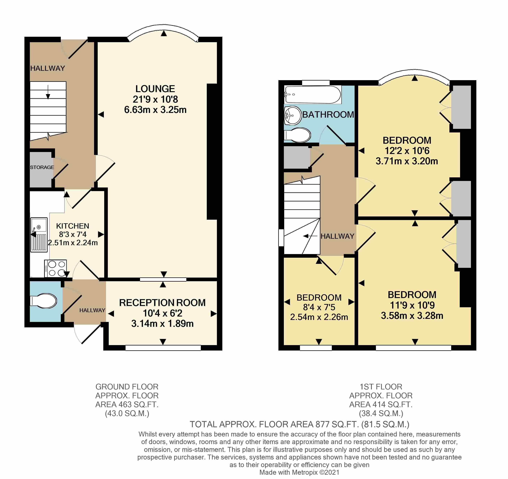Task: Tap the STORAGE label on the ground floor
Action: point(42,167)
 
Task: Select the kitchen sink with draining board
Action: point(39,235)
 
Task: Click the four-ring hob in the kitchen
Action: point(56,268)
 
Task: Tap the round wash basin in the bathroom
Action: point(293,115)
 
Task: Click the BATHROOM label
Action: point(328,115)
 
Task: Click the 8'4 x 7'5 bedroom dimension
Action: point(319,307)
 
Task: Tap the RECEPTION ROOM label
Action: point(162,303)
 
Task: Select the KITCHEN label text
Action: point(73,226)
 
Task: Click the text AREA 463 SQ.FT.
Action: point(127,404)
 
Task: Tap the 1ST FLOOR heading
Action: point(381,387)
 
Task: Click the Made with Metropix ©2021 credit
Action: point(299,472)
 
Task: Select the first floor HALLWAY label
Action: point(337,236)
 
